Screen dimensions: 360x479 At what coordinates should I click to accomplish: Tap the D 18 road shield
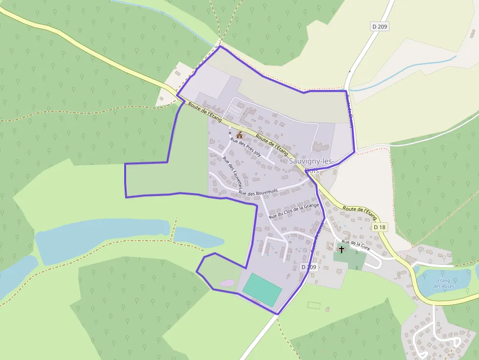pyautogui.click(x=379, y=227)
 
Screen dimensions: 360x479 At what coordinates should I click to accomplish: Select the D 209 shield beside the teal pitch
pyautogui.click(x=309, y=267)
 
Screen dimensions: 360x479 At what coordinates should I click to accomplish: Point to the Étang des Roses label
pyautogui.click(x=444, y=283)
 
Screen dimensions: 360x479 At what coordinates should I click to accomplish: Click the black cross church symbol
pyautogui.click(x=342, y=249)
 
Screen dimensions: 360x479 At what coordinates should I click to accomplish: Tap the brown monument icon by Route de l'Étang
pyautogui.click(x=239, y=135)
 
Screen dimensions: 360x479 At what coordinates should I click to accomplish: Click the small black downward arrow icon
pyautogui.click(x=230, y=131)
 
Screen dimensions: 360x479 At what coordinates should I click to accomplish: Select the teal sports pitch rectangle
pyautogui.click(x=262, y=290)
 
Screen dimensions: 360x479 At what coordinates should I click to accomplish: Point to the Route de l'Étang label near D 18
pyautogui.click(x=360, y=212)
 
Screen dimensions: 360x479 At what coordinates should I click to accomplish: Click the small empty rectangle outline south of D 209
pyautogui.click(x=314, y=305)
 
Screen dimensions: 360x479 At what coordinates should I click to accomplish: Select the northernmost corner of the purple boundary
pyautogui.click(x=220, y=46)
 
